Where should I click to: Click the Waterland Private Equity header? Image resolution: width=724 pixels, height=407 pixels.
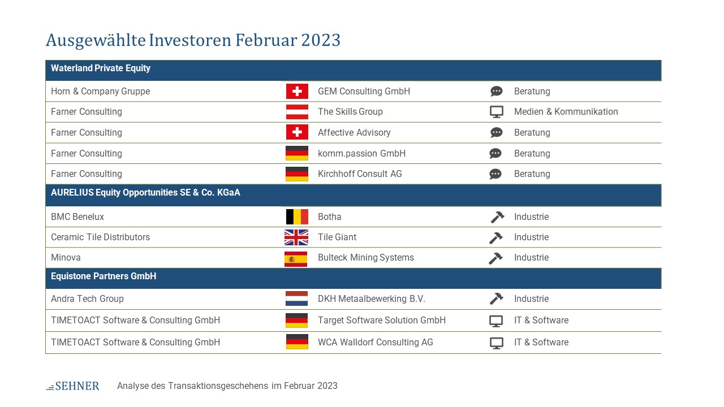(101, 68)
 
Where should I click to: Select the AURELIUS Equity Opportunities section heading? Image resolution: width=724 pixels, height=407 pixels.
(145, 193)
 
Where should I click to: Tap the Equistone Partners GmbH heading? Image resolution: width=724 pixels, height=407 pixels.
(104, 276)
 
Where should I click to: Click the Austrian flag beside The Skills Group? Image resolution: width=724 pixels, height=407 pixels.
(297, 112)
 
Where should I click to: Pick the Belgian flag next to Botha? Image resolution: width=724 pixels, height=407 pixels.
(297, 217)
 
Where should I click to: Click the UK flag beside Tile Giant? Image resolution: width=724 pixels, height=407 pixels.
(296, 237)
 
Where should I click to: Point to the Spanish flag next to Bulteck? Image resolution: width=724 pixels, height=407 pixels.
(296, 259)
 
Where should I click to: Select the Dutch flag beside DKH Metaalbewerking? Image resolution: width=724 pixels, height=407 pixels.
(297, 299)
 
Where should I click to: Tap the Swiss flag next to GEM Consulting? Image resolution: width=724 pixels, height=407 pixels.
(297, 91)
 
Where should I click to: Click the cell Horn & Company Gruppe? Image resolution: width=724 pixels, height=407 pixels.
(101, 92)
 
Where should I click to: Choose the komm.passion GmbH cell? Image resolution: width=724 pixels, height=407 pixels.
(361, 153)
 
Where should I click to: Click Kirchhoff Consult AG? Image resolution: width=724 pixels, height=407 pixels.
(360, 174)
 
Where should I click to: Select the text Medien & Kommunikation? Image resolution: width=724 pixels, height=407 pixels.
(566, 112)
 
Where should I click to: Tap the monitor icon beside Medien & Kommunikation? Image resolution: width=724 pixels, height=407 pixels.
(497, 112)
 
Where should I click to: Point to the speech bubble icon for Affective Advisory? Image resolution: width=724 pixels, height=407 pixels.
(497, 132)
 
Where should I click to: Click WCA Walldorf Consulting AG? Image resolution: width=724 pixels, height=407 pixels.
(375, 343)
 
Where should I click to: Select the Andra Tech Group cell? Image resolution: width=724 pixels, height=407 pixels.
(87, 299)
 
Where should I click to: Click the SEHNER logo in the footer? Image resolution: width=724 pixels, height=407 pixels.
(73, 386)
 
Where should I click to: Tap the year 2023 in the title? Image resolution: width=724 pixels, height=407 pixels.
(321, 40)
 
